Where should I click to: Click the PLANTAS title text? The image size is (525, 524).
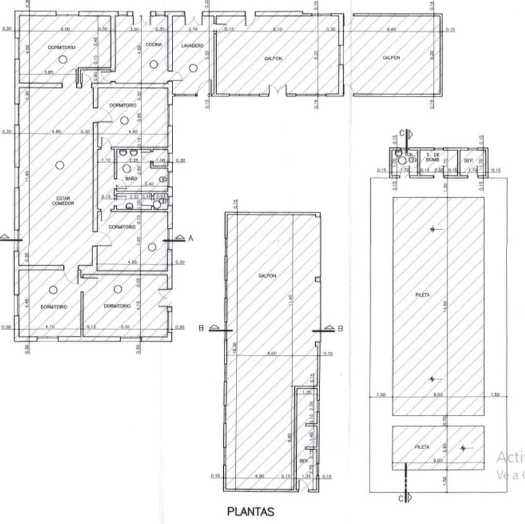(x=250, y=511)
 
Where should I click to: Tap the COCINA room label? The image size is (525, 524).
(x=154, y=45)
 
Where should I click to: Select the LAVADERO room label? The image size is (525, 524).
(x=192, y=46)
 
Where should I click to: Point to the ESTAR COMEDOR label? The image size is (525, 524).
(x=63, y=200)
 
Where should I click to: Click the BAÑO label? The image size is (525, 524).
(x=131, y=180)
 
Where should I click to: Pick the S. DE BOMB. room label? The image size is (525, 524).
(x=433, y=157)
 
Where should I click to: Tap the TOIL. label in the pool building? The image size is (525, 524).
(x=410, y=154)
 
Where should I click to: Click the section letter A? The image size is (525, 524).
(x=190, y=238)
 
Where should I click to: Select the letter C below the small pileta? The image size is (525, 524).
(x=401, y=499)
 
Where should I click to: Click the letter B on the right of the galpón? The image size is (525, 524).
(x=340, y=329)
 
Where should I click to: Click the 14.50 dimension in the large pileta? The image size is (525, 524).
(x=446, y=305)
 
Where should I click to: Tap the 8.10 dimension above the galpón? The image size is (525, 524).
(x=277, y=29)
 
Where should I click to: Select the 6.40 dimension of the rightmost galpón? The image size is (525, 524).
(x=391, y=29)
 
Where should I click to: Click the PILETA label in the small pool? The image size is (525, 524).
(x=422, y=447)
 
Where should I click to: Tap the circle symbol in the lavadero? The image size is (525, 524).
(x=193, y=67)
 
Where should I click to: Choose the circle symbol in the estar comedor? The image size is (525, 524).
(x=59, y=165)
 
